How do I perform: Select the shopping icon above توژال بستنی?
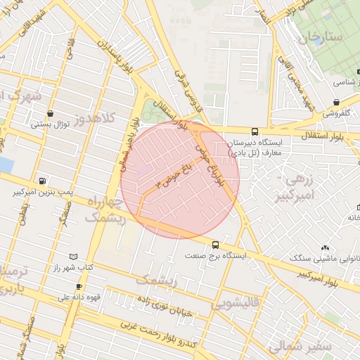[50, 113]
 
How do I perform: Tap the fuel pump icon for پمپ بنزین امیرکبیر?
[44, 181]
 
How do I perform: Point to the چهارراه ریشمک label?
[103, 210]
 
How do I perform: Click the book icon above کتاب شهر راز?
[75, 257]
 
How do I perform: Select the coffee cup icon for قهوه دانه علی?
[79, 286]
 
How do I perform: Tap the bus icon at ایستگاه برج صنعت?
[215, 245]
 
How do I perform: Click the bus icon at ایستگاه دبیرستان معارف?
[255, 131]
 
